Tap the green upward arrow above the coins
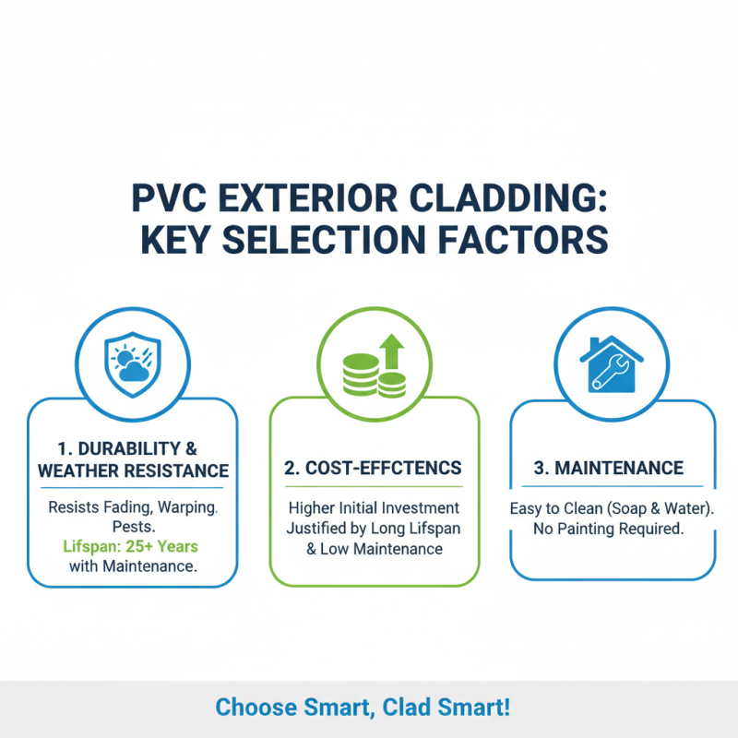tap(393, 353)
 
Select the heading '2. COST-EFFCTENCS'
tap(374, 469)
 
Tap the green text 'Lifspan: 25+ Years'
tap(131, 546)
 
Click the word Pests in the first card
tap(131, 527)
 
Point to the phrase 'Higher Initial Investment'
tap(374, 508)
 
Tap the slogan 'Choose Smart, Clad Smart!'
tap(362, 708)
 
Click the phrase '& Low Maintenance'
tap(374, 549)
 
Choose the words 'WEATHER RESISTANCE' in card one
tap(133, 470)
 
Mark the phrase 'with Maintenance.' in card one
tap(133, 566)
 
